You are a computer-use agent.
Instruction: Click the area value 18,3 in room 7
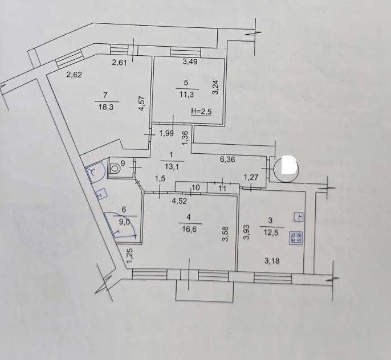click(x=106, y=108)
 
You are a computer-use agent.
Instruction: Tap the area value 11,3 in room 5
click(x=186, y=95)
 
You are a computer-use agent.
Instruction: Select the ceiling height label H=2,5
click(x=201, y=112)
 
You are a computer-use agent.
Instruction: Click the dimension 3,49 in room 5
click(x=190, y=62)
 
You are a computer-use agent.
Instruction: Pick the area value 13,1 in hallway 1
click(x=172, y=166)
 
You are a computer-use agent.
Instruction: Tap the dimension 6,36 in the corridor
click(x=227, y=159)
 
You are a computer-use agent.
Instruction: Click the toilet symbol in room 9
click(x=115, y=168)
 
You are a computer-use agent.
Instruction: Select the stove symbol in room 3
click(x=296, y=238)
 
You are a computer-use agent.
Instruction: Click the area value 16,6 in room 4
click(x=189, y=229)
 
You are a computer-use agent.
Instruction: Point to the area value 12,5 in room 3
click(x=271, y=233)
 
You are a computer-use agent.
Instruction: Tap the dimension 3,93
click(x=246, y=232)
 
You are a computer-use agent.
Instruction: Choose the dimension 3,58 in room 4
click(x=226, y=235)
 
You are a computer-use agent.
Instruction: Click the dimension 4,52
click(x=180, y=201)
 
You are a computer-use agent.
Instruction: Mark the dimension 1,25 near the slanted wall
click(x=129, y=256)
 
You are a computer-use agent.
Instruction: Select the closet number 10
click(x=196, y=187)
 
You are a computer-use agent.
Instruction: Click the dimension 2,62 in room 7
click(x=74, y=75)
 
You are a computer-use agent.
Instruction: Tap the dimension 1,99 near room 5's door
click(x=166, y=133)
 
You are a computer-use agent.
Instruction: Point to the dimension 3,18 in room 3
click(x=272, y=261)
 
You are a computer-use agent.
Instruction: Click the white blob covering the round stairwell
click(x=288, y=165)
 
